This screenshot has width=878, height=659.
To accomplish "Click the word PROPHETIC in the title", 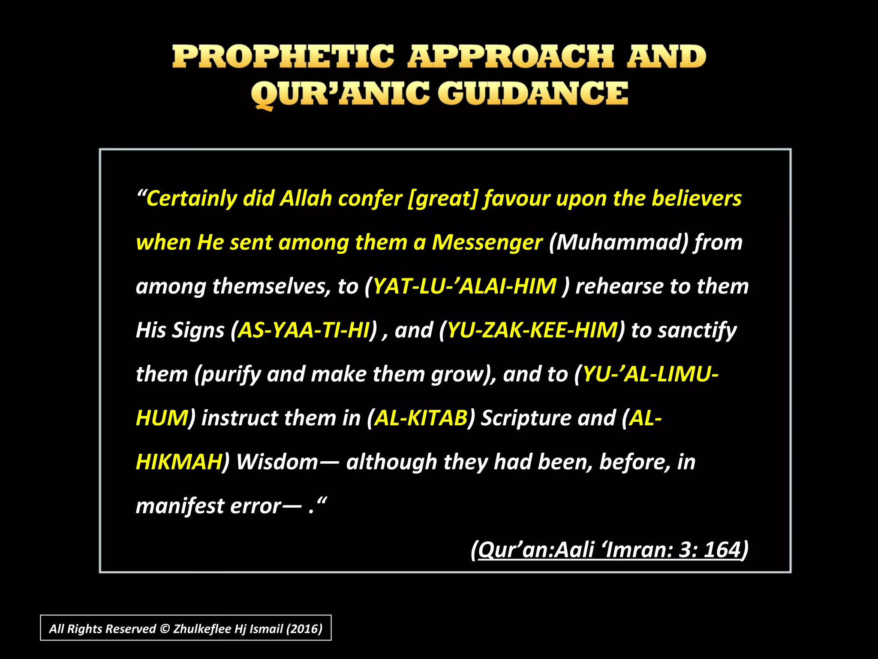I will [283, 57].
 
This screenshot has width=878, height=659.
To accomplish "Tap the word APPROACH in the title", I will [511, 57].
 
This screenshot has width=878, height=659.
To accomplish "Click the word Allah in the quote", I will [306, 198].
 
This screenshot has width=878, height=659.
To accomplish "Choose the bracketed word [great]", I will [442, 199].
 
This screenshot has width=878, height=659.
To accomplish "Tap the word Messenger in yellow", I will [487, 242].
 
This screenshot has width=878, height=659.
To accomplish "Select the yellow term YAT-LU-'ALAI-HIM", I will [465, 286].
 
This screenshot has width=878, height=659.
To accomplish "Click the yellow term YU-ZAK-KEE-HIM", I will [532, 330].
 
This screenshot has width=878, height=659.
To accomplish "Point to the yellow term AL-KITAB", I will [421, 418].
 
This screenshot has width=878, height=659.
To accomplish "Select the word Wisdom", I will [277, 462].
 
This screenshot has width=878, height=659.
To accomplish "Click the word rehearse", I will [619, 286].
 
